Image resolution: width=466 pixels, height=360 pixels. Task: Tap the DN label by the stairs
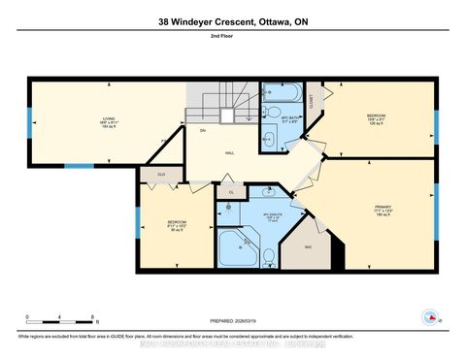[x=203, y=130]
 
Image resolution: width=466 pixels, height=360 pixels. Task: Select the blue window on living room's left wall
[x=29, y=123]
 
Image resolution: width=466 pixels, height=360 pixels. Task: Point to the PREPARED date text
[x=233, y=322]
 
